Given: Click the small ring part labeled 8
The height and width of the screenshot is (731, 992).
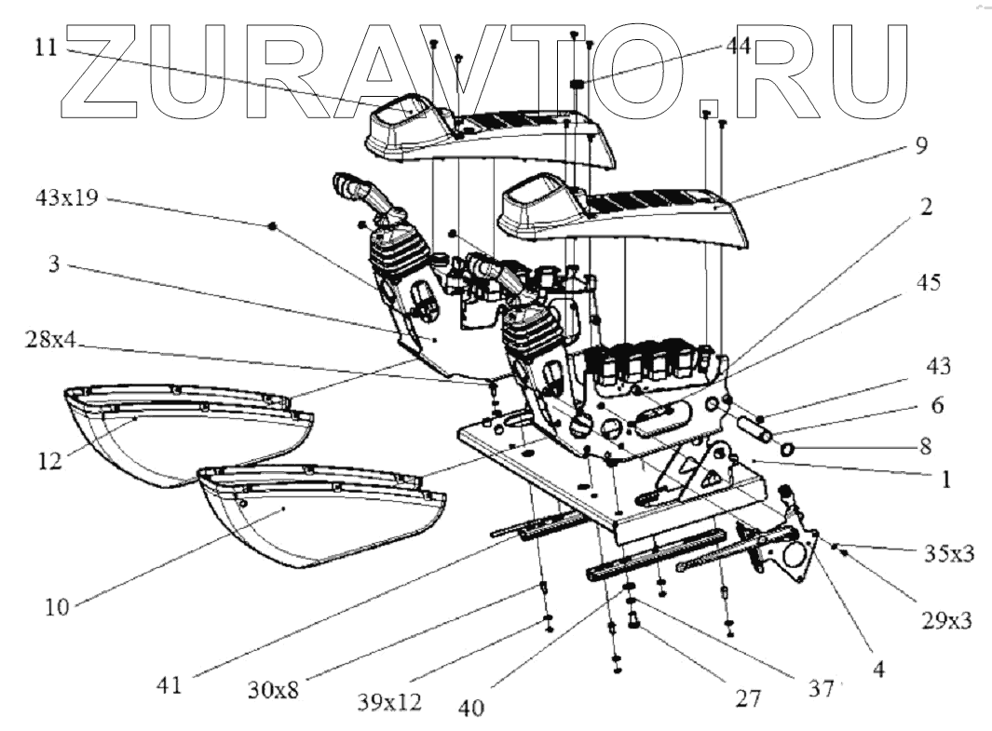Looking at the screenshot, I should (x=786, y=452).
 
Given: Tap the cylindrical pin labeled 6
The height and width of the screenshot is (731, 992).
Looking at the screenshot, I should (x=753, y=432).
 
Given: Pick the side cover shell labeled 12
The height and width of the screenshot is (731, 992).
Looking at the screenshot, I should (x=186, y=438).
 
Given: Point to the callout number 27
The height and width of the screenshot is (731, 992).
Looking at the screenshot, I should (x=750, y=697).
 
